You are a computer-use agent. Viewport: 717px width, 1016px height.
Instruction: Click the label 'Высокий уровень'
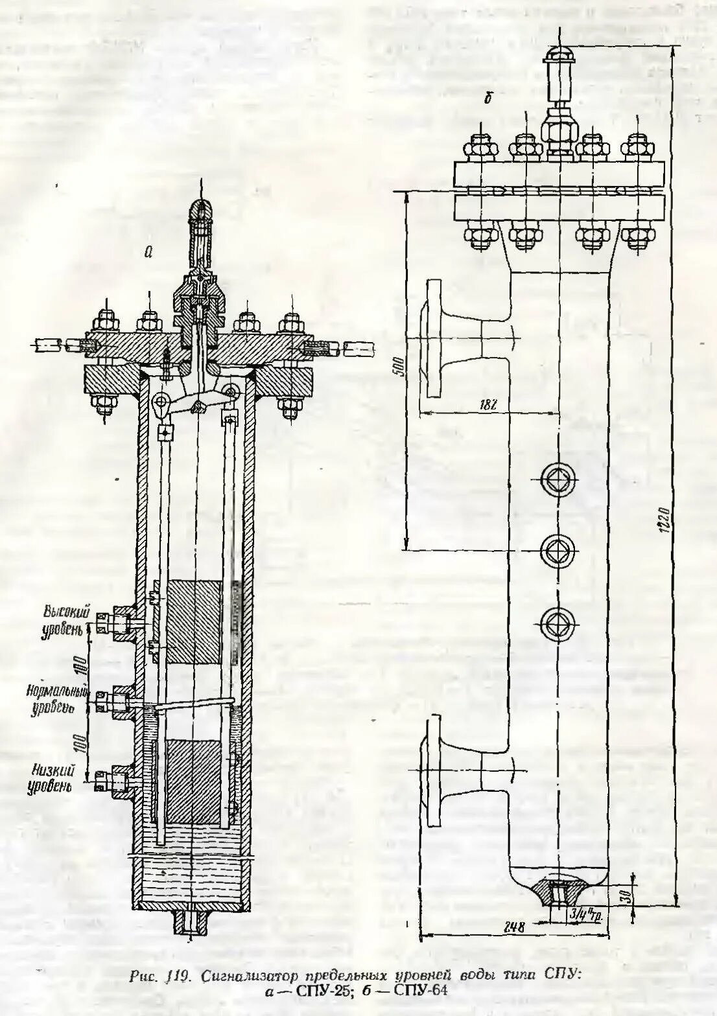(62, 619)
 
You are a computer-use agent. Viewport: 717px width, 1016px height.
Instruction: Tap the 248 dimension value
(512, 927)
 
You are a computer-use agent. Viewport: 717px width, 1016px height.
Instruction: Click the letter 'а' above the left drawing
(148, 253)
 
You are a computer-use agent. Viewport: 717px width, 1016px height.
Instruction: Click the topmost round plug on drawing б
(558, 480)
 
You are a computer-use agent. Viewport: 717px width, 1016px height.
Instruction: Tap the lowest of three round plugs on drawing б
(558, 623)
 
